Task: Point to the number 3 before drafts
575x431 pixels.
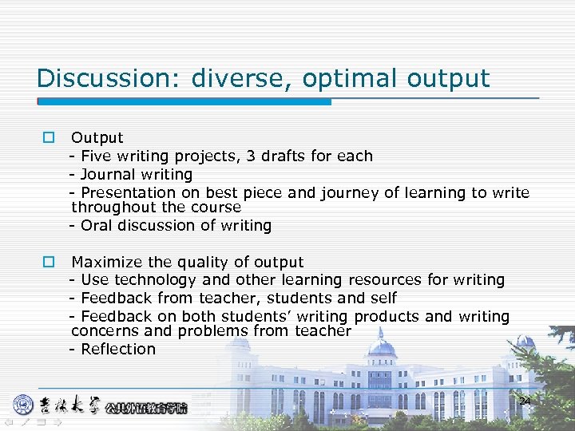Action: point(252,156)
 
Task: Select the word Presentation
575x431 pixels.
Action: point(128,192)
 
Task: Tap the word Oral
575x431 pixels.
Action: point(97,225)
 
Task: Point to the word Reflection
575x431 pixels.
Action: point(118,349)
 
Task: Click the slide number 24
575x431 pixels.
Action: point(524,401)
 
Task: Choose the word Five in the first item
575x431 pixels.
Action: point(97,156)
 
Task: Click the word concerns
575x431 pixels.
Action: point(104,330)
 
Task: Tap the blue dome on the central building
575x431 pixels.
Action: point(381,347)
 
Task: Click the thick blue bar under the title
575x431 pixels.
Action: point(185,102)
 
